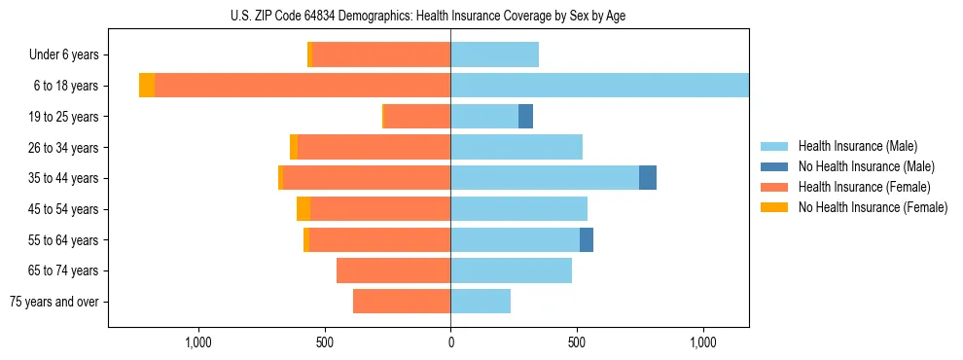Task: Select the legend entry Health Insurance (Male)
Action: click(x=857, y=146)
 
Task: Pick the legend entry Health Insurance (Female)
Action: click(x=864, y=187)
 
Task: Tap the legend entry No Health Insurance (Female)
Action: click(x=873, y=207)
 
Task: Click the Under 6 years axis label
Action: click(x=64, y=55)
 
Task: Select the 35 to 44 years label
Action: click(x=64, y=178)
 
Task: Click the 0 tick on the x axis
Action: click(x=450, y=342)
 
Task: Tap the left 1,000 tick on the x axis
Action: click(x=198, y=342)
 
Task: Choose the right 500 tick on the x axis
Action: click(x=577, y=342)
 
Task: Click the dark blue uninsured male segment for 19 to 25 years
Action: click(x=525, y=117)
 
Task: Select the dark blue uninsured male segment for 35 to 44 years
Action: click(x=648, y=178)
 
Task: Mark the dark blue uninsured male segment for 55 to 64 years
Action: click(x=587, y=240)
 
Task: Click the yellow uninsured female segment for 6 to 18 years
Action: click(x=147, y=86)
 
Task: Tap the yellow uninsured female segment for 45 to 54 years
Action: click(x=303, y=209)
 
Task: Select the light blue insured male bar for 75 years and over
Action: click(x=481, y=302)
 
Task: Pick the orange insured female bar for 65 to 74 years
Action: click(x=393, y=270)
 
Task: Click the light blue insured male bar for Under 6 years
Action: click(x=494, y=55)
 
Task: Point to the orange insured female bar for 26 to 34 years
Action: click(x=520, y=148)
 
